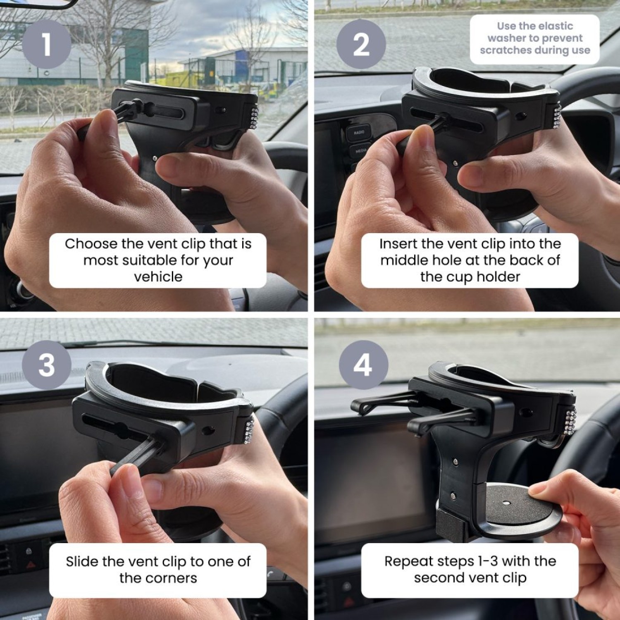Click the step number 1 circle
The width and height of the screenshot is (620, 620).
[46, 44]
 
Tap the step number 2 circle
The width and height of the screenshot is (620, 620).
[361, 44]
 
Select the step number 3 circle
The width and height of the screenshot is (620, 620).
[46, 365]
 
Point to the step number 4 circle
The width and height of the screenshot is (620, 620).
[363, 365]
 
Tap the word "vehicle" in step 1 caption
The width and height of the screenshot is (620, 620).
[158, 277]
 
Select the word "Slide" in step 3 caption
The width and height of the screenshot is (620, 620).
[82, 562]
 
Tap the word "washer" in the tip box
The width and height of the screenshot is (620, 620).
[508, 38]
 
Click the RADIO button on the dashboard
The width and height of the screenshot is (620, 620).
[359, 132]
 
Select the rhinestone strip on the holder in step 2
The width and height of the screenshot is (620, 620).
[556, 116]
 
